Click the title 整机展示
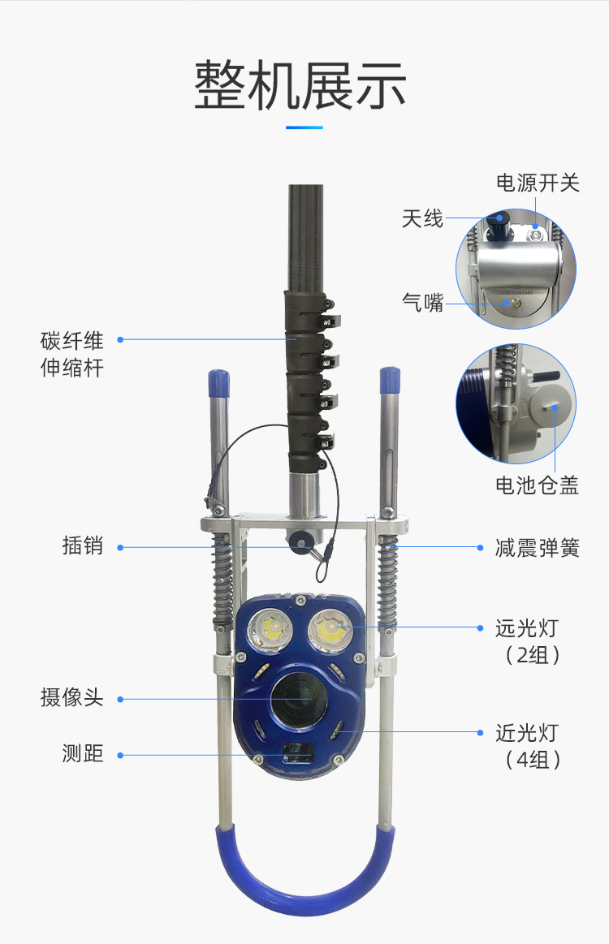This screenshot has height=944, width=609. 300,85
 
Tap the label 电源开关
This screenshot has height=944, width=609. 538,183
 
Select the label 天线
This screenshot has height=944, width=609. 422,218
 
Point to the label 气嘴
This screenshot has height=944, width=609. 422,303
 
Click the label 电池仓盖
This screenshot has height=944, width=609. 537,485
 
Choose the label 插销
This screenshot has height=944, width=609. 83,545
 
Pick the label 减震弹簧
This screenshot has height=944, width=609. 538,547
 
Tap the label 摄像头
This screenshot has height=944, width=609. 72,697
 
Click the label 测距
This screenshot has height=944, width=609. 83,754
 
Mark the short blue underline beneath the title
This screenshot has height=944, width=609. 304,127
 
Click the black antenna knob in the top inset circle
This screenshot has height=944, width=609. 499,220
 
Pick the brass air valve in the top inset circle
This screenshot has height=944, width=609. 514,304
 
